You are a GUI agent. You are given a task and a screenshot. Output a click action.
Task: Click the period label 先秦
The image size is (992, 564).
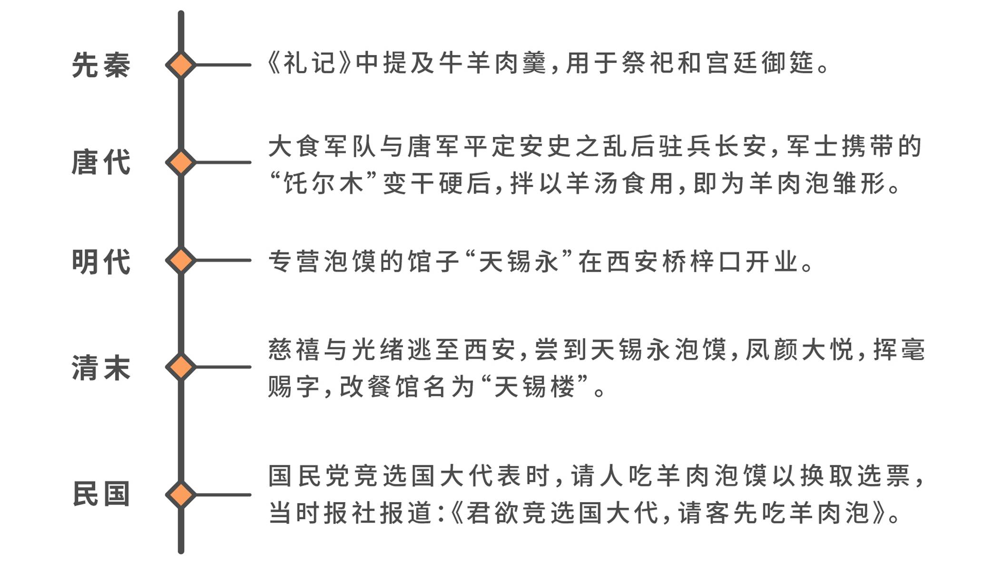pyautogui.click(x=101, y=65)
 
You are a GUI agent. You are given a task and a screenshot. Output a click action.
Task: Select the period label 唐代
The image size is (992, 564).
pyautogui.click(x=101, y=162)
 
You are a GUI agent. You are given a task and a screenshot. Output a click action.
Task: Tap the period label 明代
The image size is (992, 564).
pyautogui.click(x=101, y=261)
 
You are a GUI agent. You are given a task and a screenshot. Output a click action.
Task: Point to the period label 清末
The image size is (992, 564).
pyautogui.click(x=101, y=367)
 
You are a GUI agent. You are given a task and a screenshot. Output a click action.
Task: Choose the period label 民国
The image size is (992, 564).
pyautogui.click(x=101, y=494)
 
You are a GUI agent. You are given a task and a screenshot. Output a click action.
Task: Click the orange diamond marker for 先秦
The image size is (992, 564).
pyautogui.click(x=181, y=65)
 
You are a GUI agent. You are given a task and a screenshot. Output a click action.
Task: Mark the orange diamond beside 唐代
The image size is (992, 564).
pyautogui.click(x=181, y=162)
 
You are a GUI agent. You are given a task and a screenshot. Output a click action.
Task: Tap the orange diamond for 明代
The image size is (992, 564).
pyautogui.click(x=181, y=260)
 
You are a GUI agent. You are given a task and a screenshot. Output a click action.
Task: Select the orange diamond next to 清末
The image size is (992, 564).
pyautogui.click(x=181, y=367)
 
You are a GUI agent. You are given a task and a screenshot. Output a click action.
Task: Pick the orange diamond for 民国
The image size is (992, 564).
pyautogui.click(x=181, y=495)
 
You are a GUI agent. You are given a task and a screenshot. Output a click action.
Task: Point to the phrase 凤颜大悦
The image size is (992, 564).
pyautogui.click(x=799, y=350)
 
